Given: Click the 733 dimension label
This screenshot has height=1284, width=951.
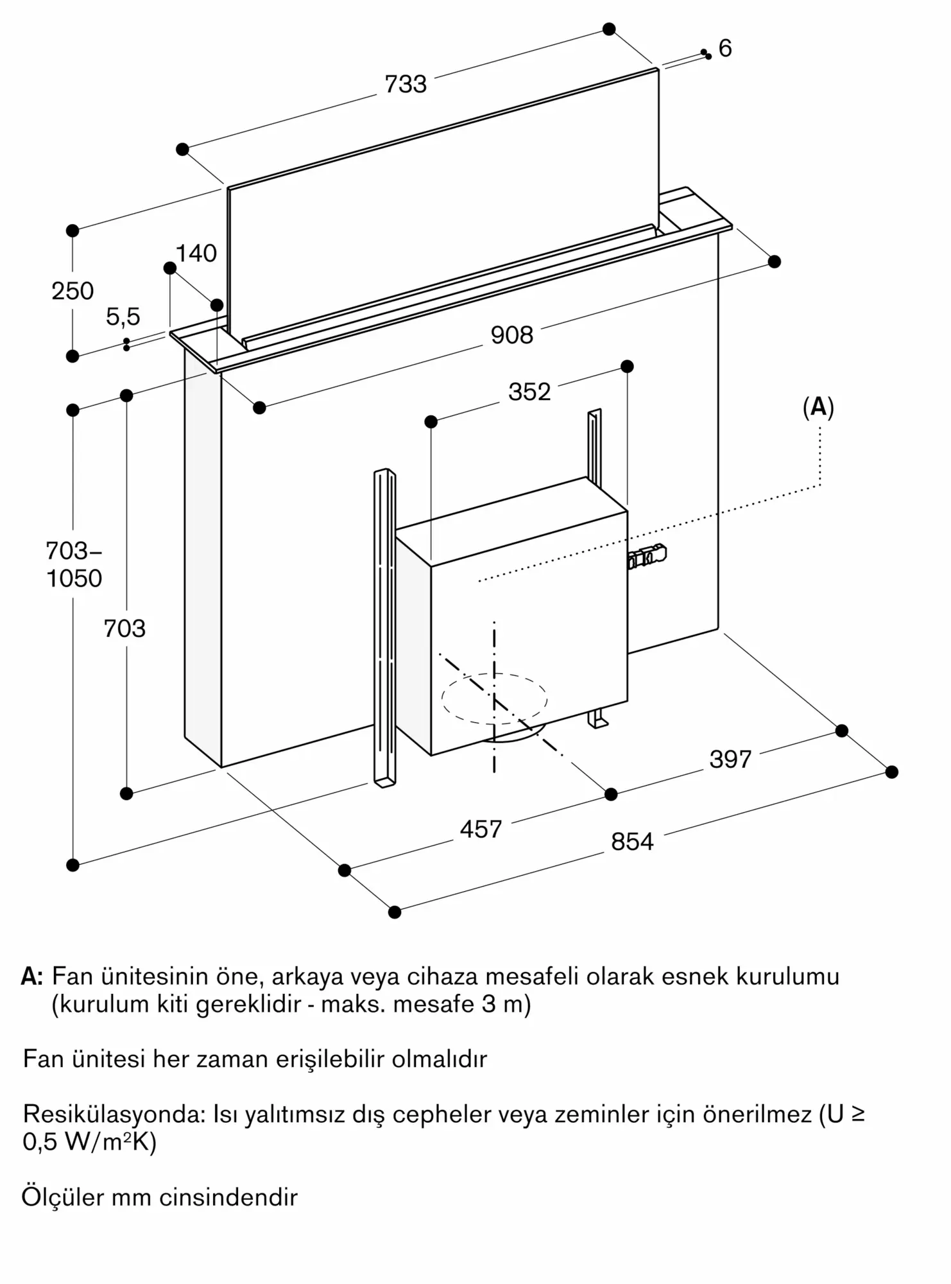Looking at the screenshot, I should pos(406,84).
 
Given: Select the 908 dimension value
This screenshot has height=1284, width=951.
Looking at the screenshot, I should pos(511,335).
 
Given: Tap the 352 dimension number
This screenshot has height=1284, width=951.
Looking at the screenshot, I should pos(529,392).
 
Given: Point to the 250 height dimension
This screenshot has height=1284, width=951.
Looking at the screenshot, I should pos(73,291).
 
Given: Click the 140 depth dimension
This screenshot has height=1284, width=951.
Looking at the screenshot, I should pos(196,254).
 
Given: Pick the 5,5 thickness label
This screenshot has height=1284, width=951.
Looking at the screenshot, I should pos(123,317).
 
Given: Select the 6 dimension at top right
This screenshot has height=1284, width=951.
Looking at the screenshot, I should pos(725,48).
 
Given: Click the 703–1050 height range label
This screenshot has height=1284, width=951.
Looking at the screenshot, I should pos(74,564).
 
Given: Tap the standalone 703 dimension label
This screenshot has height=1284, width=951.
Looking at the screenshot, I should pos(124,629).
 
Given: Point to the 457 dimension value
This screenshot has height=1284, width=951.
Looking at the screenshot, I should pos(481,829).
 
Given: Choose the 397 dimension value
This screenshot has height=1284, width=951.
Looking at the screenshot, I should pos(730,759).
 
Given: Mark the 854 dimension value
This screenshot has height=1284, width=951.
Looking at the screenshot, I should pos(632,842).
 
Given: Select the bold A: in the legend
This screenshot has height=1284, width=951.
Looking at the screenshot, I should pos(32,976).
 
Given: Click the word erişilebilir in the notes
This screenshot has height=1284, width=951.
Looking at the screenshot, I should pos(330,1059).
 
